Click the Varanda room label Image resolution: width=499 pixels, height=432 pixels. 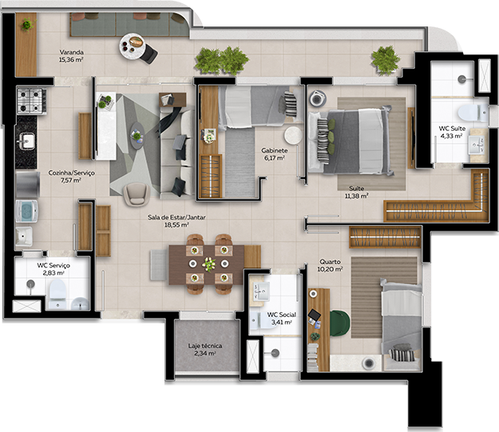tap(72, 52)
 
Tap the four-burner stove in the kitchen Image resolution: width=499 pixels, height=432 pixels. tap(31, 101)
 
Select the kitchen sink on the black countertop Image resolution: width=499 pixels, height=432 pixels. tap(26, 141)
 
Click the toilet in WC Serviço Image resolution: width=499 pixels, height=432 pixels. tap(57, 294)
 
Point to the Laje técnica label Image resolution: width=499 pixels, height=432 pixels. tap(205, 346)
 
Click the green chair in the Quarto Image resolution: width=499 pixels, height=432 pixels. tap(339, 323)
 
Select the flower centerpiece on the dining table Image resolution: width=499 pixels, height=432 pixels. tap(209, 264)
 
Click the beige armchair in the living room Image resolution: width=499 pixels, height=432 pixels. tap(137, 194)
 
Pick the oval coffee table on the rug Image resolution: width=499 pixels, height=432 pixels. tap(137, 136)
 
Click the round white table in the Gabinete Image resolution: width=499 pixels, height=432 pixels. tap(293, 135)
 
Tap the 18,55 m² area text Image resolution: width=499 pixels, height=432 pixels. tap(176, 224)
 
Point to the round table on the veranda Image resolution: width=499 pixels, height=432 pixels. tap(133, 46)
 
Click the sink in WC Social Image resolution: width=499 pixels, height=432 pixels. tap(261, 291)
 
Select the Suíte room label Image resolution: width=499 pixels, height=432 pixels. tap(356, 188)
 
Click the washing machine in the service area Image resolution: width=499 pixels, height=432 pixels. tap(26, 211)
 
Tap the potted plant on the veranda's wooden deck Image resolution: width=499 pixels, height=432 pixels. tap(28, 25)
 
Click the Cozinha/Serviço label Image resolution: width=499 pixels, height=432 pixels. tap(72, 172)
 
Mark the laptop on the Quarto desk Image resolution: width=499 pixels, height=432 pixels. tap(314, 315)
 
